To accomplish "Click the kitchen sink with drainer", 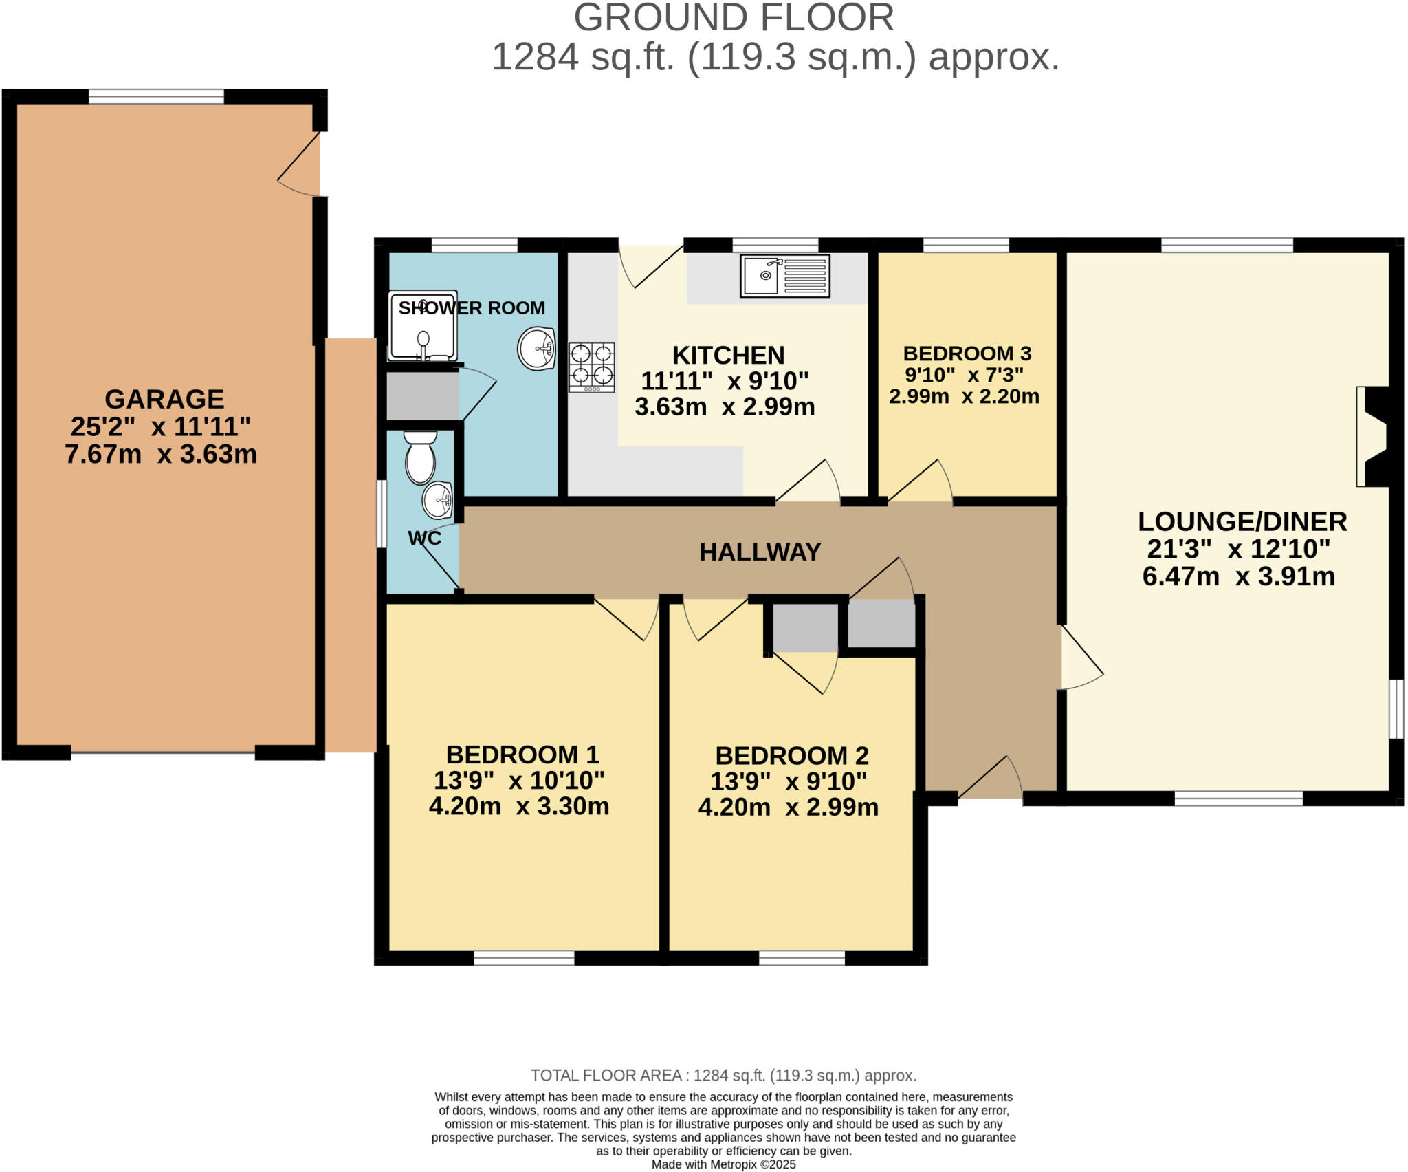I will [784, 276].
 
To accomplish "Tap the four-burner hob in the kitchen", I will [591, 367].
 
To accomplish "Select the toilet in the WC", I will [420, 457].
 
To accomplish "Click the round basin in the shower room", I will [536, 349].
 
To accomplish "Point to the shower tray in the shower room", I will [422, 326].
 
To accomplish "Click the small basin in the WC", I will [437, 500].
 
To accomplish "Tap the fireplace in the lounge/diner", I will [1372, 437].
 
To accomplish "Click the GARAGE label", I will [164, 399].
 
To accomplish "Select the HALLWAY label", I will [760, 552].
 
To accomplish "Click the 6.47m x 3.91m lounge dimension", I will [1238, 576].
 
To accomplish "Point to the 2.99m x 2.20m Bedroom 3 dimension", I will [964, 397].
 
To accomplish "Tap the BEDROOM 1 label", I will [522, 755].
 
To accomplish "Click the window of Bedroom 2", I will [802, 958].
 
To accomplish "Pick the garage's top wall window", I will [156, 96].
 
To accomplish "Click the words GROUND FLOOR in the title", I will [734, 18].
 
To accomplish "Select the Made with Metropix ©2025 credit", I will [723, 1164].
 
